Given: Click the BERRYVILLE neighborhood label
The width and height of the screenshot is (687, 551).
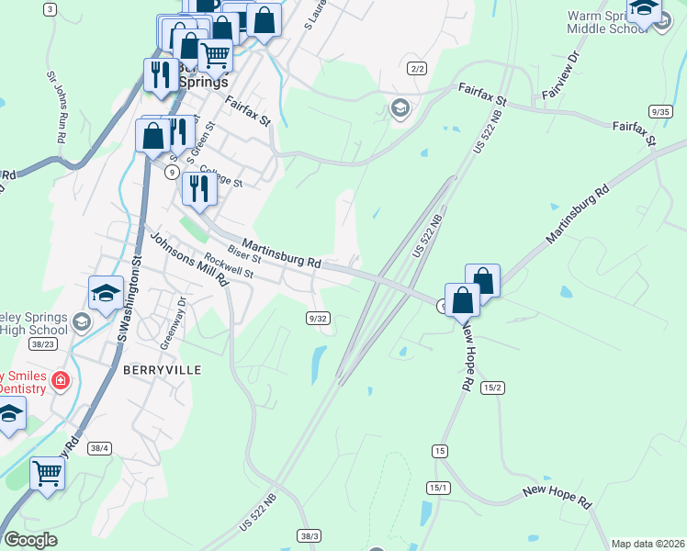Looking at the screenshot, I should (161, 368).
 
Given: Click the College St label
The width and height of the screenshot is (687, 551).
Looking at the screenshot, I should (220, 176).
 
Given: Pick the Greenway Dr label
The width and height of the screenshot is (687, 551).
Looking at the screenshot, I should (173, 321).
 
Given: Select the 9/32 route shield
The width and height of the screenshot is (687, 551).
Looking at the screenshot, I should (318, 317).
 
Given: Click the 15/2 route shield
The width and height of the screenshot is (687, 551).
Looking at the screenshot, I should (491, 388).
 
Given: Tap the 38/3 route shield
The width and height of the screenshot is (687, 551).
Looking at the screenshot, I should (310, 535).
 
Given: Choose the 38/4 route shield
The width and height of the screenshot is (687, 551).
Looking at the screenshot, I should (100, 448).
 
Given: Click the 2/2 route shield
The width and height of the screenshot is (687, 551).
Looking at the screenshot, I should (418, 68).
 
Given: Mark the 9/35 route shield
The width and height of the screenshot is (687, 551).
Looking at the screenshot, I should (659, 111).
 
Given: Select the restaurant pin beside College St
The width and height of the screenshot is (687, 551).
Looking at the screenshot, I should (198, 188).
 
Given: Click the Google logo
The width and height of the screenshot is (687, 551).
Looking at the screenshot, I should (30, 540).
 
